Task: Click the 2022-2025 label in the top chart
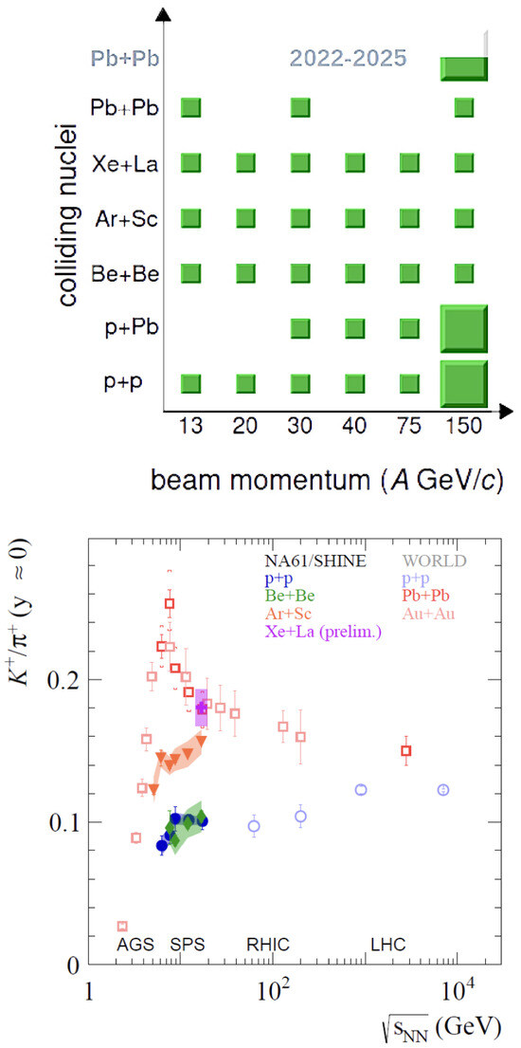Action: (347, 58)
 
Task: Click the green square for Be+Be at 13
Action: (191, 273)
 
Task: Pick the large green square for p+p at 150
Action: (463, 384)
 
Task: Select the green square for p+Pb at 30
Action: (300, 328)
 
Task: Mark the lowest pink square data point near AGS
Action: (122, 927)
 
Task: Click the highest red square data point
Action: (170, 603)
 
